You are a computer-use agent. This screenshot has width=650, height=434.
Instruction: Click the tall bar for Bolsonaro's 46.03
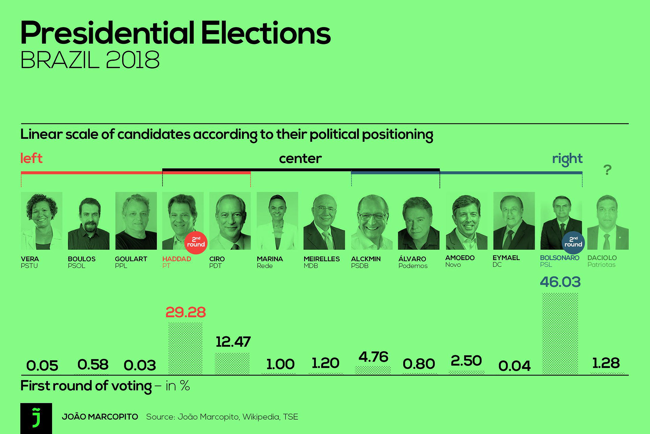coord(560,334)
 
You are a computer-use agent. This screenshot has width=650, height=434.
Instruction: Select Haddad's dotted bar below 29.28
coord(186,349)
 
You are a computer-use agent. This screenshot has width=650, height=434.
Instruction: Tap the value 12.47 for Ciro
coord(233,342)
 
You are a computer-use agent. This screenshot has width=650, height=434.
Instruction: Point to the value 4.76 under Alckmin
coord(373,357)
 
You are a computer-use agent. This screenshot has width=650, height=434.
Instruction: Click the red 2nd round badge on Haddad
coord(196,242)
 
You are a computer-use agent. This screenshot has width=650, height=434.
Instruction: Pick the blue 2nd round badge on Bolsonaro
coord(573,242)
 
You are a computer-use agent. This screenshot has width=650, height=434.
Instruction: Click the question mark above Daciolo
coord(607,170)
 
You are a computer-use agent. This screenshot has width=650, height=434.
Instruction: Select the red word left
coord(31,158)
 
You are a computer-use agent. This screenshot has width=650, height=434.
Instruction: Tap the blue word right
coord(567,158)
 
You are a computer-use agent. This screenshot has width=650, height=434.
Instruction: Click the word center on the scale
coord(300,159)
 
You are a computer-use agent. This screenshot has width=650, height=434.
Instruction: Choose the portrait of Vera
coord(41,221)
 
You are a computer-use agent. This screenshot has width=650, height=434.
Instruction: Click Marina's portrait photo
coord(277,221)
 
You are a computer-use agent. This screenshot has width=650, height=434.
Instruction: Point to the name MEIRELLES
coord(321,259)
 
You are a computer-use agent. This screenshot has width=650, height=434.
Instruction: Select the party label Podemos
coord(413,266)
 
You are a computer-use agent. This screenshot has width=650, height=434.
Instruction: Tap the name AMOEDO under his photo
coord(460,258)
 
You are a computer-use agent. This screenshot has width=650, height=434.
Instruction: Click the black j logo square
coord(36,418)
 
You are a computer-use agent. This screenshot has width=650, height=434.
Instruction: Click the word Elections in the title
coord(266,33)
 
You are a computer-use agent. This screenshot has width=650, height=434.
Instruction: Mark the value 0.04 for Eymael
coord(514,366)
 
